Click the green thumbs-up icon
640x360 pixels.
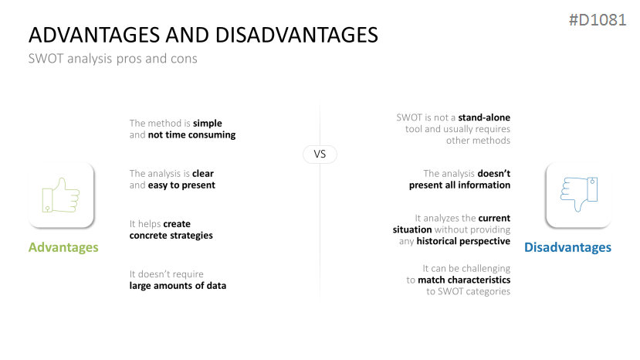click(61, 195)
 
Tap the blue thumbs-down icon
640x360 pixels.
click(579, 194)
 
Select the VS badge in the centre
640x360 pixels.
click(320, 154)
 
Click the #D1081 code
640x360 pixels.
click(598, 19)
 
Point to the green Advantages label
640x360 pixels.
click(63, 247)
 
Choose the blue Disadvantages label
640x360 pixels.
click(567, 247)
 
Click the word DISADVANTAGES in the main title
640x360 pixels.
click(296, 35)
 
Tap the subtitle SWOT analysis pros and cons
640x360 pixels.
click(113, 59)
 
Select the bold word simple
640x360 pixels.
click(208, 123)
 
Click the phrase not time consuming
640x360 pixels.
click(191, 135)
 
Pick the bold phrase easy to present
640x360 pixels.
click(181, 185)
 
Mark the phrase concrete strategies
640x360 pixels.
click(171, 236)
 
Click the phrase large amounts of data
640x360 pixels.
click(178, 286)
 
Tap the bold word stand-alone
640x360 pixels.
click(484, 117)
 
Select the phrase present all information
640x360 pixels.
click(459, 185)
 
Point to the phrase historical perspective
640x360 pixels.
click(463, 241)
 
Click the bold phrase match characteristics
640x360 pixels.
click(464, 280)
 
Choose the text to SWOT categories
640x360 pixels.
click(468, 291)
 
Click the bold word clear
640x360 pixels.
click(203, 174)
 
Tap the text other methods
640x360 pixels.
click(478, 141)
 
